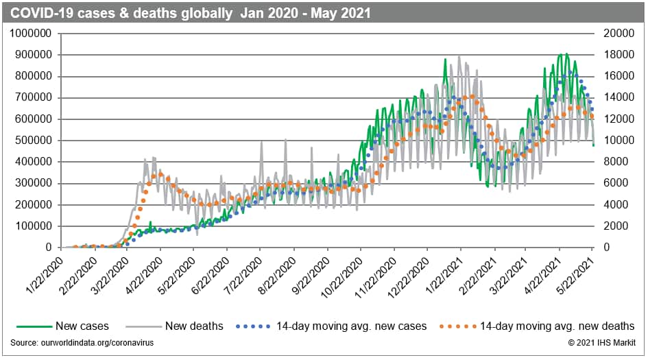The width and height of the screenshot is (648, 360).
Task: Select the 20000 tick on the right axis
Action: click(x=616, y=33)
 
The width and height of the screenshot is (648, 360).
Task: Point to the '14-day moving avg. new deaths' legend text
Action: click(x=557, y=326)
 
